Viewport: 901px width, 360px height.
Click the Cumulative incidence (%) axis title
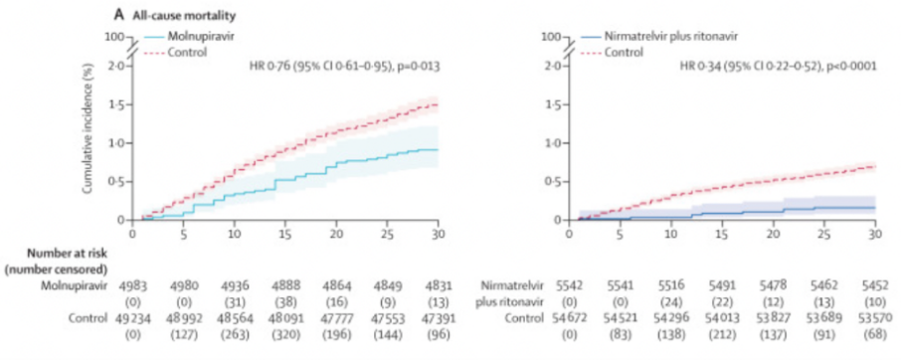click(x=88, y=136)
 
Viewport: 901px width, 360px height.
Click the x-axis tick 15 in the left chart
click(x=285, y=233)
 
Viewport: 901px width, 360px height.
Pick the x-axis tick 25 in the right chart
click(x=824, y=233)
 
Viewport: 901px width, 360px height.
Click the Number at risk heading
click(x=68, y=252)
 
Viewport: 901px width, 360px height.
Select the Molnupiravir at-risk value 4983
click(x=132, y=284)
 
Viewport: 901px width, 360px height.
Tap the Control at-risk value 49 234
click(x=135, y=317)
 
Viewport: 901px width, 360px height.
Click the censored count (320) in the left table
click(x=285, y=333)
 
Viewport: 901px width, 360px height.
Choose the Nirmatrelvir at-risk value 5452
click(x=874, y=284)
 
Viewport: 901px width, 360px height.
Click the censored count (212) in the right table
click(x=722, y=333)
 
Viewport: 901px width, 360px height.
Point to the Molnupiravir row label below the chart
click(x=75, y=284)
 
